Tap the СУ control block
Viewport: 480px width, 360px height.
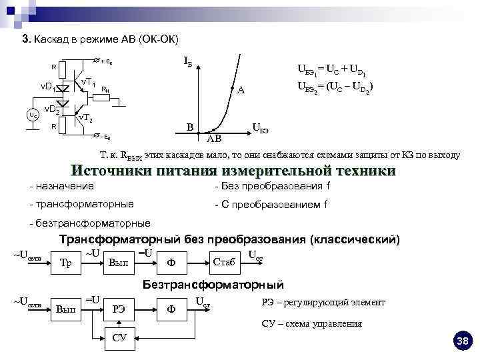pos(119,337)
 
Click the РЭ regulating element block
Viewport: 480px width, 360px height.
pos(119,309)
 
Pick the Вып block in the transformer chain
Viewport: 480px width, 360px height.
pos(117,262)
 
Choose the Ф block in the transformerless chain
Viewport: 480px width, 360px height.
pos(171,309)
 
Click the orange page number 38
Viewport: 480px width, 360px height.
pos(462,342)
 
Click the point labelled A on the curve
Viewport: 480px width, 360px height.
pos(233,88)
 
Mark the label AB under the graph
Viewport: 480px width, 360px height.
pos(213,139)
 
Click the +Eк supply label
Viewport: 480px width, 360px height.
pos(104,61)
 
